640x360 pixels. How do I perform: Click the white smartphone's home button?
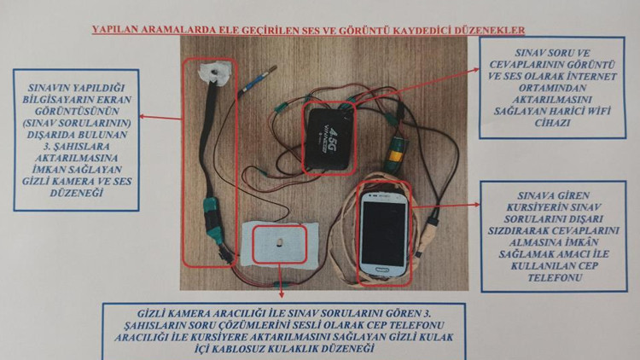[x=381, y=270]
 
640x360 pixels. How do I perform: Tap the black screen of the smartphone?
[x=384, y=233]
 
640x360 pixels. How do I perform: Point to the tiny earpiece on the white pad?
[x=279, y=243]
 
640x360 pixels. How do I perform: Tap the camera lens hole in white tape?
[x=214, y=73]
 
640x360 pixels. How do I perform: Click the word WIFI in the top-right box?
[x=598, y=111]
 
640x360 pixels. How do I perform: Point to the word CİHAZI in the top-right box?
[x=552, y=123]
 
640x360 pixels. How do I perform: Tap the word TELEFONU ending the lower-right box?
[x=555, y=277]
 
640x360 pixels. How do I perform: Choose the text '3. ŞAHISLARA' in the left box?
[x=76, y=146]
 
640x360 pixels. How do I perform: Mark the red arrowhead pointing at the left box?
[x=143, y=116]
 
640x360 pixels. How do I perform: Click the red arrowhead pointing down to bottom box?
[x=281, y=294]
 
